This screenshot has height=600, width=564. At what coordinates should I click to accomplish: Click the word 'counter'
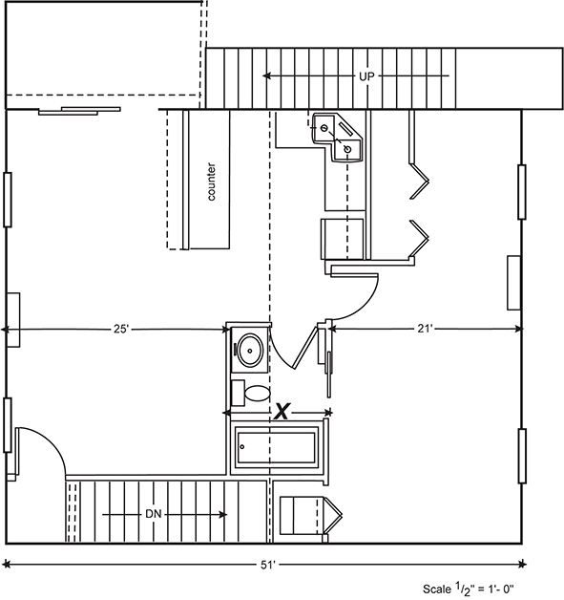tap(211, 182)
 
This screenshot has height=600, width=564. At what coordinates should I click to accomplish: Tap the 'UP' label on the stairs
tap(366, 76)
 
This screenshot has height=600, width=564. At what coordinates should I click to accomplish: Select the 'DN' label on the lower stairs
tap(154, 514)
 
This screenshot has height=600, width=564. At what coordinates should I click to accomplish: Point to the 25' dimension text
tap(120, 329)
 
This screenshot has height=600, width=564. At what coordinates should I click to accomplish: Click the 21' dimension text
tap(424, 329)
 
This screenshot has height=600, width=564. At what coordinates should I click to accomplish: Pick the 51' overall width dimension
tap(268, 565)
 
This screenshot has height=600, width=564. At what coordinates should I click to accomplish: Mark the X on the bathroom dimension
tap(282, 412)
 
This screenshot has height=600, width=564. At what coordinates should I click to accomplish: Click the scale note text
tap(469, 589)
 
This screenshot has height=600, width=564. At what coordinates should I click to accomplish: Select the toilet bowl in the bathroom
tap(257, 394)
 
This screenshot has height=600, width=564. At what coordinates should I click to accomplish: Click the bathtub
tap(276, 447)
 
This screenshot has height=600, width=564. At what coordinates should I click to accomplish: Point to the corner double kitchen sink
tap(336, 137)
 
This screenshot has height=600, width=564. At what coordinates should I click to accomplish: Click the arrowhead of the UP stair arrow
tap(266, 76)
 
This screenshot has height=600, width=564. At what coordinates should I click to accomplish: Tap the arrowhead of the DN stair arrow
tap(223, 515)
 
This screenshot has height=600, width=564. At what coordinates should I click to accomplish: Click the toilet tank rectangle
tap(239, 394)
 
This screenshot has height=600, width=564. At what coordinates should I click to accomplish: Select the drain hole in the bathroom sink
tap(250, 351)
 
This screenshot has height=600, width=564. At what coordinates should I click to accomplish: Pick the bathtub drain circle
tap(242, 446)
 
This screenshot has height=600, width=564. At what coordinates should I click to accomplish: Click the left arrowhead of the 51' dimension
tap(6, 564)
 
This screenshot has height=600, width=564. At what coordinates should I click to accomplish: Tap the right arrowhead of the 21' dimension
tap(518, 329)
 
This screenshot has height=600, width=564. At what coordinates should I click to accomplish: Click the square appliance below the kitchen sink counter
tap(342, 239)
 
